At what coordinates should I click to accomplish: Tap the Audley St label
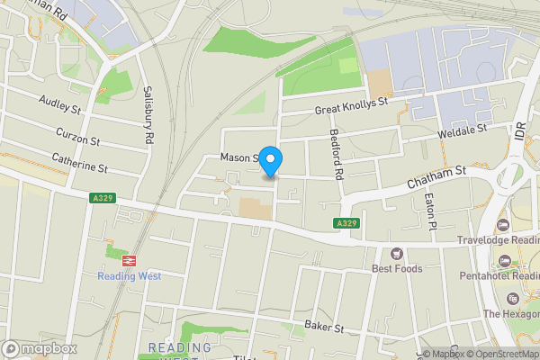[x=60, y=106]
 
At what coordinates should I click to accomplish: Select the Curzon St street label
[x=78, y=137]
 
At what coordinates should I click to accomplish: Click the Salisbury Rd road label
[x=149, y=117]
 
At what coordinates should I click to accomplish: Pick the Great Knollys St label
[x=350, y=107]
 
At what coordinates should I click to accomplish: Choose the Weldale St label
[x=462, y=132]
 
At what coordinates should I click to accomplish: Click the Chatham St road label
[x=436, y=175]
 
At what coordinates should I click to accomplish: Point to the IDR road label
[x=519, y=131]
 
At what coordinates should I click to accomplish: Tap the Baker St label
[x=325, y=326]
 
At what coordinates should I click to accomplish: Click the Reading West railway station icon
[x=130, y=259]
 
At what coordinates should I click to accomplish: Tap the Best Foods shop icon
[x=397, y=254]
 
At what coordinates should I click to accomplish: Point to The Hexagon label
[x=511, y=313]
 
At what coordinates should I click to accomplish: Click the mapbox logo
[x=40, y=348]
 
